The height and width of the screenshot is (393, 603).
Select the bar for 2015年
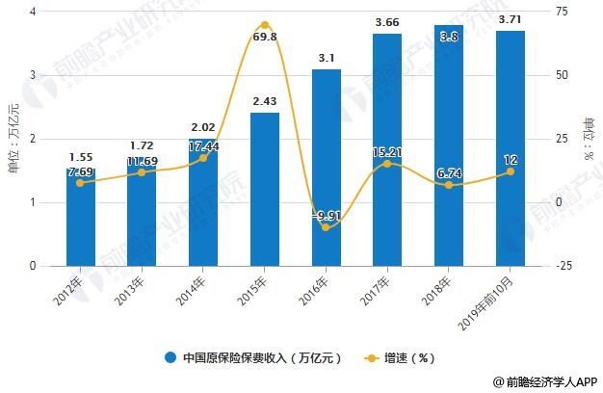click(265, 189)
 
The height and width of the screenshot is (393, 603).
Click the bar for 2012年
click(81, 217)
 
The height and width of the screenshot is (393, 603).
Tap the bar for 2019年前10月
click(510, 148)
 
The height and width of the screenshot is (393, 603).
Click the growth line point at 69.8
click(265, 25)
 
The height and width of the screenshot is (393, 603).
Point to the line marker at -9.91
click(327, 227)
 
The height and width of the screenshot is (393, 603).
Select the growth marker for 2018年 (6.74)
click(449, 185)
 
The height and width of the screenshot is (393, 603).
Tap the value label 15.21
click(388, 151)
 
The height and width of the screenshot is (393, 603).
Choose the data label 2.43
click(265, 101)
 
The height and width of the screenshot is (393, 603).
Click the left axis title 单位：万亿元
click(13, 139)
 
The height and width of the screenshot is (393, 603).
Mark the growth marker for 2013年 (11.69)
click(143, 172)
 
